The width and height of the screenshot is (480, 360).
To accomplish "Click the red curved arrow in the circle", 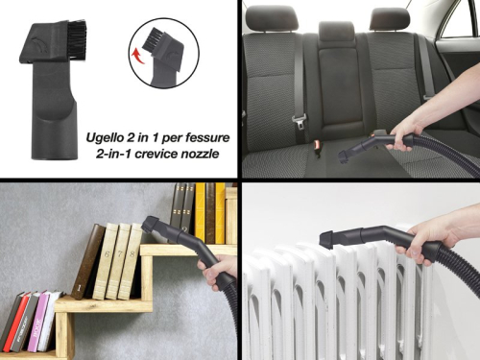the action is point(136,56).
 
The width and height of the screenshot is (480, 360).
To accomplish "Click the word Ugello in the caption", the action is point(105,138).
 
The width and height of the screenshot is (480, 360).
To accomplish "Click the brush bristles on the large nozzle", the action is point(77,39).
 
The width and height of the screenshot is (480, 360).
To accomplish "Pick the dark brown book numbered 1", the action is point(86,261).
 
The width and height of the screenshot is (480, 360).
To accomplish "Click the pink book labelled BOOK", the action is point(37,321).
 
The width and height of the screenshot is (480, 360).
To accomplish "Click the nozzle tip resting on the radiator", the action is point(327,239).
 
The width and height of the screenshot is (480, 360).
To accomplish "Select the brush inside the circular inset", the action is point(153,39).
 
